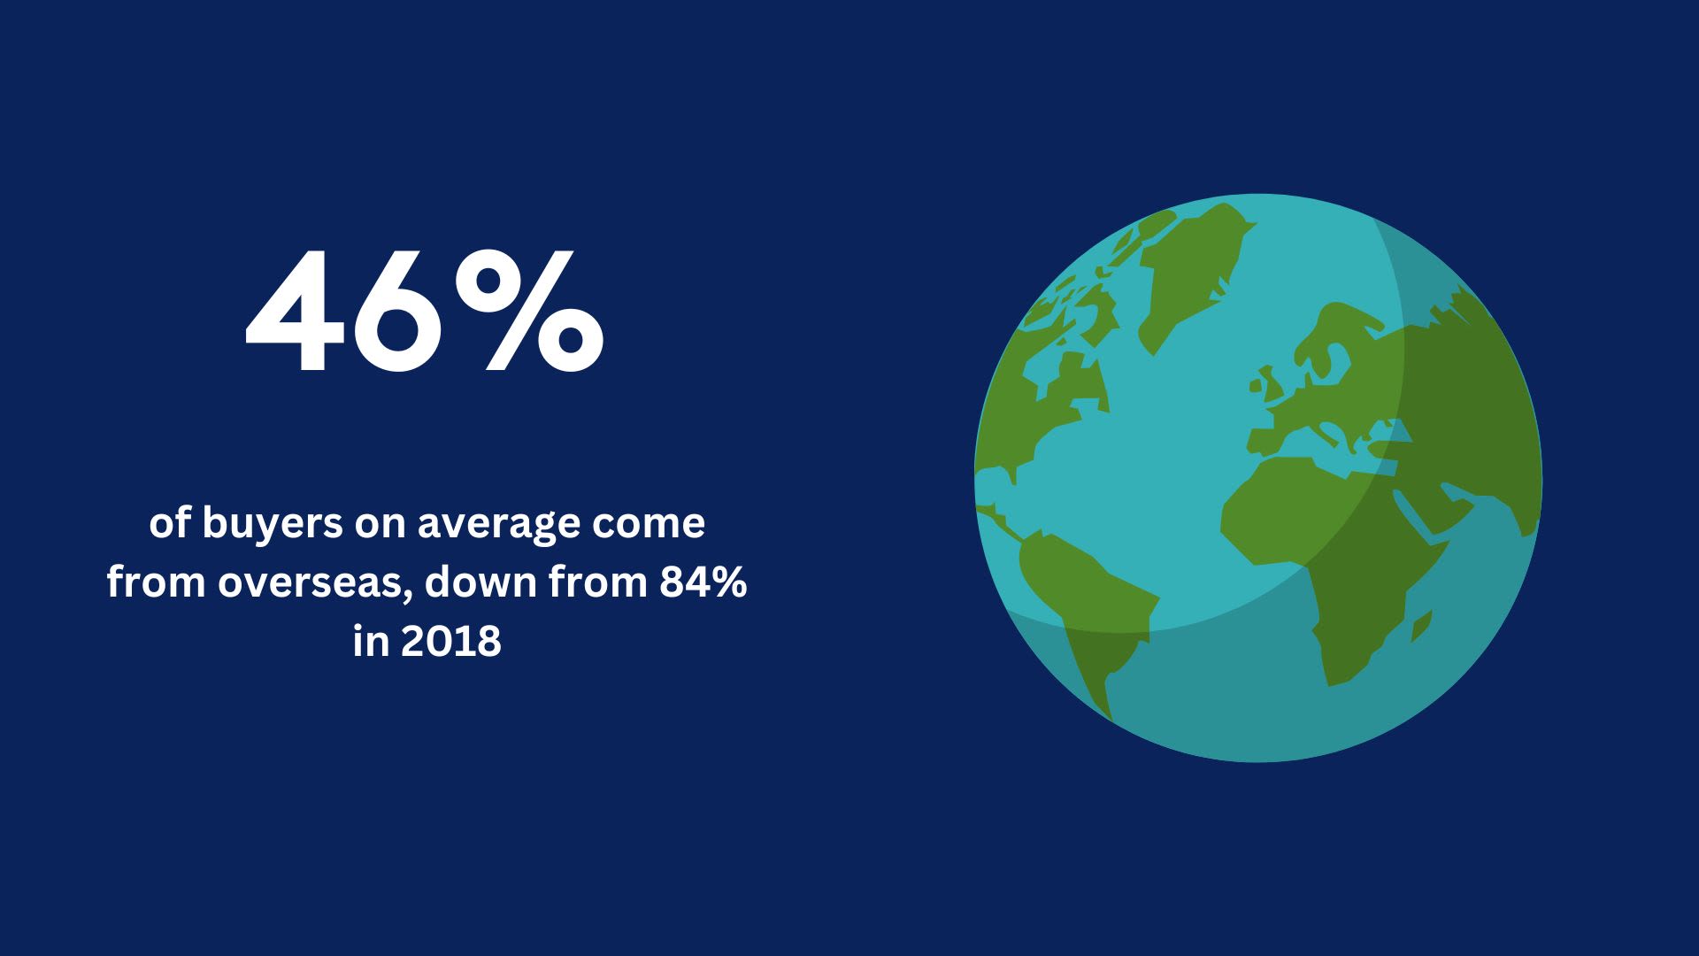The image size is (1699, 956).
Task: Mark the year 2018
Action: (450, 642)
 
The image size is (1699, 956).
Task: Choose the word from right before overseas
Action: (157, 582)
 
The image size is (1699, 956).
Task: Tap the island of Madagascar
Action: (1422, 626)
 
